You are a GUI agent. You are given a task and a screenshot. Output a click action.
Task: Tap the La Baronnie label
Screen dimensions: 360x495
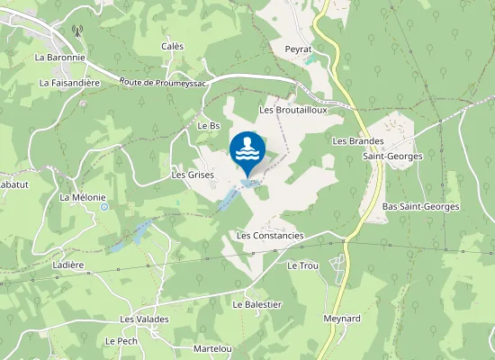59,57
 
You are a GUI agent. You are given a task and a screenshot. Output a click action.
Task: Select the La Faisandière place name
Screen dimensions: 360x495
69,82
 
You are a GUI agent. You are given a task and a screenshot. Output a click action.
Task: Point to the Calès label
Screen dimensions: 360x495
172,46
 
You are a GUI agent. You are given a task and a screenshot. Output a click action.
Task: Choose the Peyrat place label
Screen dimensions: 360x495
297,48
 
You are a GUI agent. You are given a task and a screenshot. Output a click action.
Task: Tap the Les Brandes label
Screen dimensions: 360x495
358,141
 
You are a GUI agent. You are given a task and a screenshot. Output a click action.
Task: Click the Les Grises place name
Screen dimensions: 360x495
192,175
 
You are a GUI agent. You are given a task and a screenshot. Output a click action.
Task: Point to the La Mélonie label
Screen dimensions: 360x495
83,197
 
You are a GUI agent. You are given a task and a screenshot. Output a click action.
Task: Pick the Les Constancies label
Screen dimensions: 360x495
270,235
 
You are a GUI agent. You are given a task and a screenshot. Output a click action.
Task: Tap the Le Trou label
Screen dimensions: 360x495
302,266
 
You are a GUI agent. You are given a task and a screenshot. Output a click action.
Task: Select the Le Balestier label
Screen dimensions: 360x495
256,304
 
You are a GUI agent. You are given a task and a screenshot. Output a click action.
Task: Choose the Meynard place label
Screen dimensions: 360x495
341,319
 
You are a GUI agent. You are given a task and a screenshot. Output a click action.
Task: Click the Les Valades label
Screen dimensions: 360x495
144,319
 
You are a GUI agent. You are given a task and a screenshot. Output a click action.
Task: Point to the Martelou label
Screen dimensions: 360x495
212,348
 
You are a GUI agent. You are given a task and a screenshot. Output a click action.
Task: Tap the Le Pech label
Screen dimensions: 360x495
120,341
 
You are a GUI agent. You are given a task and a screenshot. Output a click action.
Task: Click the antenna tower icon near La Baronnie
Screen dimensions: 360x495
76,30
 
